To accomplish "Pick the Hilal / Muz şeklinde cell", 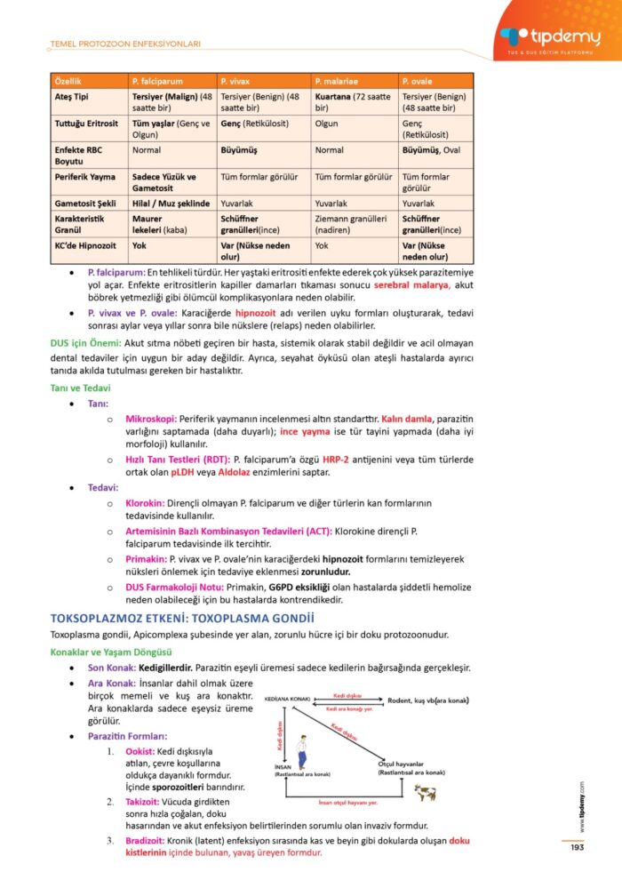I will click(171, 204).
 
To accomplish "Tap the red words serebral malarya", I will click(411, 285).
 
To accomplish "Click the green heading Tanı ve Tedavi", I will click(80, 388).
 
